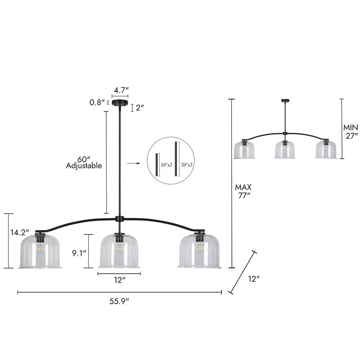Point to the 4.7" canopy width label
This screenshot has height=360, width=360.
tap(120, 90)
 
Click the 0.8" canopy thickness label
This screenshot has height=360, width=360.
tap(97, 102)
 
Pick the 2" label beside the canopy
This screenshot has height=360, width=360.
tap(139, 108)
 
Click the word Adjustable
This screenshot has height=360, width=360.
tap(84, 166)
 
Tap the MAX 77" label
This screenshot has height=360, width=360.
tap(243, 191)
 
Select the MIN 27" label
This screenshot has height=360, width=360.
tap(350, 131)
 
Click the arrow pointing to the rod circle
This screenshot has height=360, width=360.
tap(132, 164)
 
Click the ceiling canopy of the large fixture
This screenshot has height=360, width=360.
tap(120, 103)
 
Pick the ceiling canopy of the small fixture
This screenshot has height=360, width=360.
tap(285, 100)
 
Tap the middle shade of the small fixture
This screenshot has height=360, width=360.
tap(285, 149)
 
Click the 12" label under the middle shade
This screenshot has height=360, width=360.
tap(119, 280)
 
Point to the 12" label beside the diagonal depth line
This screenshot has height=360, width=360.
tap(254, 279)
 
